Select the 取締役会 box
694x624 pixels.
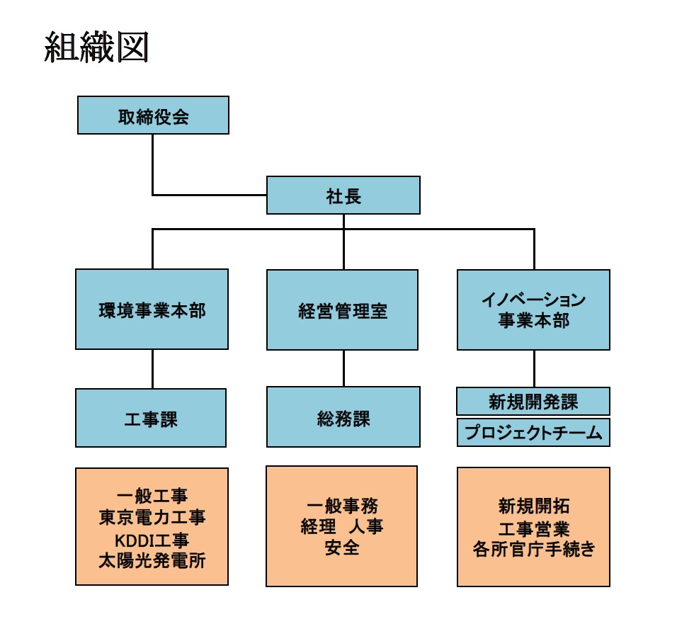[153, 115]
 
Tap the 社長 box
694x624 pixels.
[343, 195]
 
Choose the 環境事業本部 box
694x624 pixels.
[152, 310]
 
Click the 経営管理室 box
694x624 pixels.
[343, 310]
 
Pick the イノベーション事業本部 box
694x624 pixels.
[533, 310]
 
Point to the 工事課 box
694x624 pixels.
[151, 418]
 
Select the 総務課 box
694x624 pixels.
[343, 417]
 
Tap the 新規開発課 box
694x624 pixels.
[533, 402]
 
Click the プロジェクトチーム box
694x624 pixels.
[533, 433]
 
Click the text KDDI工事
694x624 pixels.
[152, 540]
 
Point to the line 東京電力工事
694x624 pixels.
[152, 518]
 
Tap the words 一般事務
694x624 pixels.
[343, 506]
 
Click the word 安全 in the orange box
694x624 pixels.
[343, 548]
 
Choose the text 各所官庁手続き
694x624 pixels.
[533, 549]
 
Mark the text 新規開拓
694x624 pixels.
[533, 506]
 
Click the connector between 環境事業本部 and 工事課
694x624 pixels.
[152, 368]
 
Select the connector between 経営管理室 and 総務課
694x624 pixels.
[343, 368]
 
